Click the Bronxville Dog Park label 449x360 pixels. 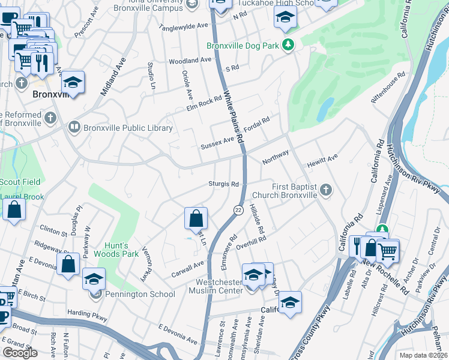pos(244,46)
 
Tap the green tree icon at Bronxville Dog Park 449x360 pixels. pos(289,45)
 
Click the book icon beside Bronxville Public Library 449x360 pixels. pos(74,127)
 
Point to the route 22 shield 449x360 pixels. pos(238,209)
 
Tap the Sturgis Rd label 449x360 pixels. pos(223,184)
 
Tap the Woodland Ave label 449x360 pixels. pos(190,61)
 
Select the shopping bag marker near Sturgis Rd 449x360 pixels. pos(196,218)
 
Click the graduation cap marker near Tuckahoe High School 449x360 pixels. pos(285,17)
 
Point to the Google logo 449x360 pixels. pos(20,353)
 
